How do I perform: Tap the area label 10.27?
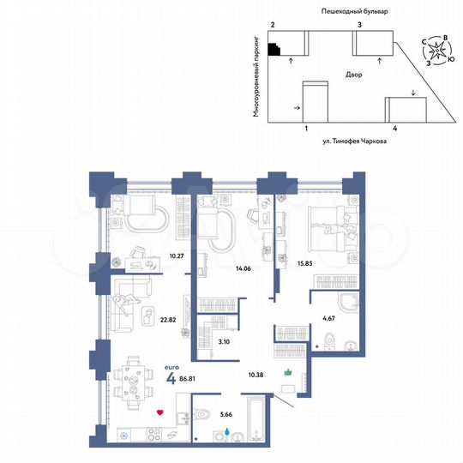178,255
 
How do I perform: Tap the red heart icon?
159,412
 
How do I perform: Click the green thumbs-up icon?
289,372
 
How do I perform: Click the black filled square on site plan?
274,49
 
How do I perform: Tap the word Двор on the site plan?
352,75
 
